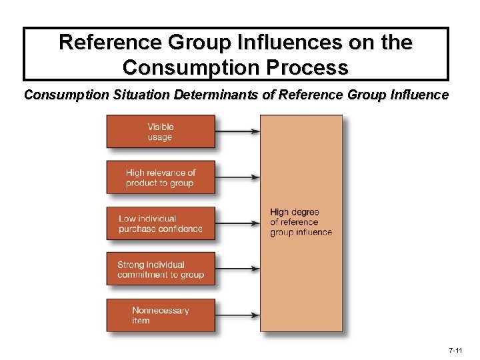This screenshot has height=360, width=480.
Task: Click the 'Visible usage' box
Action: pos(161,131)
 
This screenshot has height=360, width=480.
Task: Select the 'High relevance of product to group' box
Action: pos(161,177)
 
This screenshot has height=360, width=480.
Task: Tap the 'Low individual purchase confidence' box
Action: pos(161,223)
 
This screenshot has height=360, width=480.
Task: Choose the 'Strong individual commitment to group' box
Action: pos(161,269)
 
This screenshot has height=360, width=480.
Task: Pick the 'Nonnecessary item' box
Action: pos(161,315)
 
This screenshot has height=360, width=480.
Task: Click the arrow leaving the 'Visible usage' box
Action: pos(237,131)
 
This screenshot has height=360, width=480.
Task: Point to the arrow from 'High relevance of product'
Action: pos(237,177)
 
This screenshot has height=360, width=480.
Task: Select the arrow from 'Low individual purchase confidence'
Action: pos(237,223)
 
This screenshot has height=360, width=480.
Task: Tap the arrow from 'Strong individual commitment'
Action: pos(237,269)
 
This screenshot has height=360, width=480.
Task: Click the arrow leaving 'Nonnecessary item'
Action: pos(237,315)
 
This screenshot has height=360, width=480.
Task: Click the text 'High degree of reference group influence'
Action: pos(301,222)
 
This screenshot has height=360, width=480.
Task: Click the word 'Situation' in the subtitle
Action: pos(141,95)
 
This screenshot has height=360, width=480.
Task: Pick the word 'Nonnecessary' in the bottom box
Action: pos(161,310)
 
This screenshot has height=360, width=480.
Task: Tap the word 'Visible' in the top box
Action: pos(161,127)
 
